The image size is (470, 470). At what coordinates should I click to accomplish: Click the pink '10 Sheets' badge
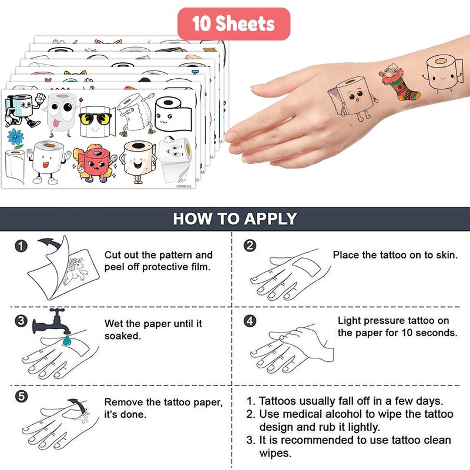point(234,23)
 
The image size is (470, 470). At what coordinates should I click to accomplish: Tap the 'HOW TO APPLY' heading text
point(235,219)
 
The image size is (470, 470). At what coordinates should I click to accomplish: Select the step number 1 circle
point(21,246)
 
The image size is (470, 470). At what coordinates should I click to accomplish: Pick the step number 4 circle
point(250,321)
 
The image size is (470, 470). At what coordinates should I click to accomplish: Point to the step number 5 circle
point(21,396)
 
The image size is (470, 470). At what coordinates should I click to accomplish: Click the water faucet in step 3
point(52,321)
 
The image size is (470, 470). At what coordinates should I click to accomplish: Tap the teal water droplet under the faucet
point(66,340)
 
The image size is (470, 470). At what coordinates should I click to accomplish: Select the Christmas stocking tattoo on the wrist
point(400,82)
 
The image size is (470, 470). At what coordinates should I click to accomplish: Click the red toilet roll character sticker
point(95,163)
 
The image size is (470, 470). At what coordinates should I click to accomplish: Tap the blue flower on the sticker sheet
point(16,137)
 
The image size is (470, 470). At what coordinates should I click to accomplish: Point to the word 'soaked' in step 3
point(122,336)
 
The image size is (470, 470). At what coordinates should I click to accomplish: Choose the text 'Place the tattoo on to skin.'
point(395,255)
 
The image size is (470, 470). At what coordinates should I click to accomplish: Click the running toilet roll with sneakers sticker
point(23,110)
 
